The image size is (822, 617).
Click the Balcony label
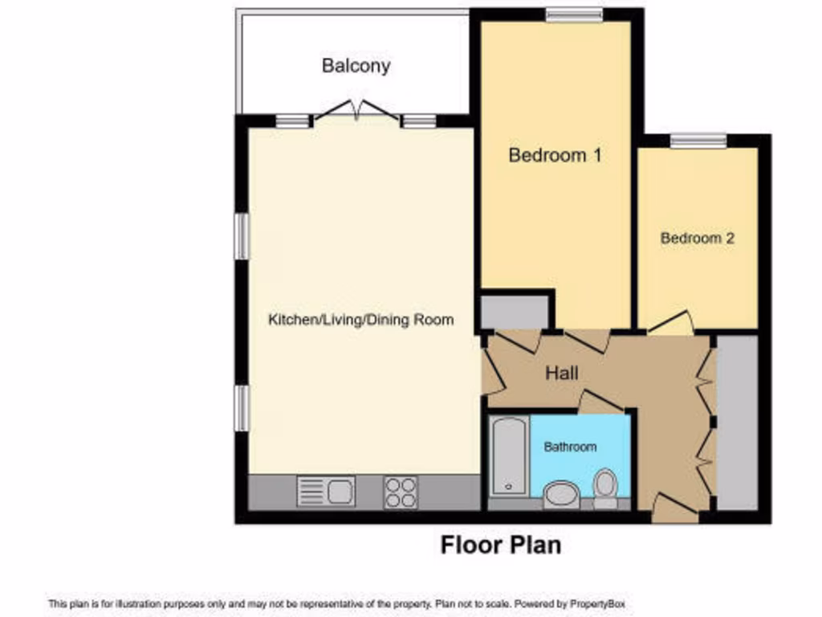(356, 66)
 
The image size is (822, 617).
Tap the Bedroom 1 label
(555, 155)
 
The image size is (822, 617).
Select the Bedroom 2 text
(697, 239)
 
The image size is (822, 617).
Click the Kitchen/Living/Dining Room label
(360, 320)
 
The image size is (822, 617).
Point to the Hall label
(561, 373)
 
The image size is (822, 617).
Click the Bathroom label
(570, 447)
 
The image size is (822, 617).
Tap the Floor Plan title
(500, 545)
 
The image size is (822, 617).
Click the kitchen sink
(326, 491)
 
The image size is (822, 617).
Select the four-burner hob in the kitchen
(400, 492)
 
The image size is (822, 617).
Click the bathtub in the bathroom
(507, 456)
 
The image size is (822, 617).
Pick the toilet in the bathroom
(604, 487)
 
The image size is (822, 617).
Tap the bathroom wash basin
(560, 494)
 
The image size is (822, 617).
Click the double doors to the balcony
(357, 112)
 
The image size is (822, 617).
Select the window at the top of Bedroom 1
(574, 14)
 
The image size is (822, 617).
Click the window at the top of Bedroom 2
(698, 141)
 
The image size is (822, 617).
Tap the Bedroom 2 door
(671, 322)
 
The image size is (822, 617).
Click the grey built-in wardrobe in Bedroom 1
(515, 309)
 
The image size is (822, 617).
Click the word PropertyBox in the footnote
(597, 603)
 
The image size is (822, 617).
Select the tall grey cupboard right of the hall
(737, 422)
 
